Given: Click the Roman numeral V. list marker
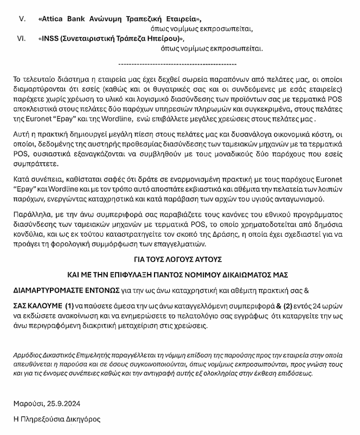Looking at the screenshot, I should pos(22,19).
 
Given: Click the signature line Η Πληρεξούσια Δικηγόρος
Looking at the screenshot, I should pos(57,419).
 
